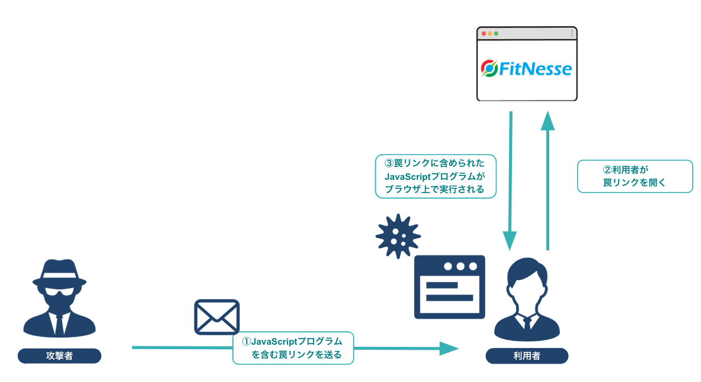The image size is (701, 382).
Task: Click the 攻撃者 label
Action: pos(59,356)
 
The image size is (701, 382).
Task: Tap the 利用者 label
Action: pos(527,356)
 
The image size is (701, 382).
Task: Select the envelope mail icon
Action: pos(217,317)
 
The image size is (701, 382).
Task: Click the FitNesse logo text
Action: pos(535,69)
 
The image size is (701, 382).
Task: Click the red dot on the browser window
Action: pos(484,34)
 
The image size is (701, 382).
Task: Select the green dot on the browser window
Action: pos(496,34)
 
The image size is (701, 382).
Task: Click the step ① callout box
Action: pos(293,348)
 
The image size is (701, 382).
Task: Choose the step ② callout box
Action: pos(635,176)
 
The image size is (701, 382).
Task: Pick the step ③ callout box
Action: pos(435,176)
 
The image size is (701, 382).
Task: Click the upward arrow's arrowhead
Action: pos(548,120)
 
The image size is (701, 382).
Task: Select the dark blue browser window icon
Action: pos(449,287)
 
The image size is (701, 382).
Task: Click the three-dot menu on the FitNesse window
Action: pos(572,34)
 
